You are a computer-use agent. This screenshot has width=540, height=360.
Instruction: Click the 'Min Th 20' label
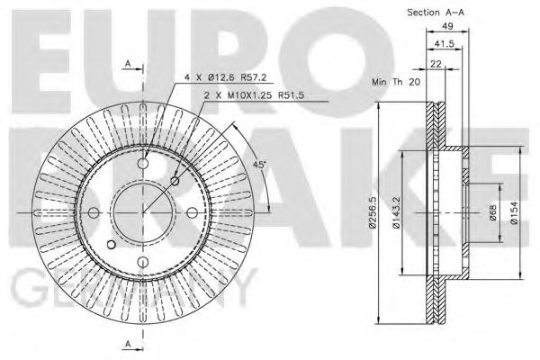(x=396, y=82)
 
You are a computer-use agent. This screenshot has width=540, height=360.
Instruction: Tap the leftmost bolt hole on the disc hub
(x=94, y=211)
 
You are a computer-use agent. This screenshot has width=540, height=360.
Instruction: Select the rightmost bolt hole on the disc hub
(x=192, y=211)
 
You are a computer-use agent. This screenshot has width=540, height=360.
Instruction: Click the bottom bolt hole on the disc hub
(x=143, y=261)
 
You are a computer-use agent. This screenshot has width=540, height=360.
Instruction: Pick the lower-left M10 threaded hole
(x=111, y=244)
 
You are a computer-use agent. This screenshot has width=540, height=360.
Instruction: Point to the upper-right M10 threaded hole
(x=175, y=180)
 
